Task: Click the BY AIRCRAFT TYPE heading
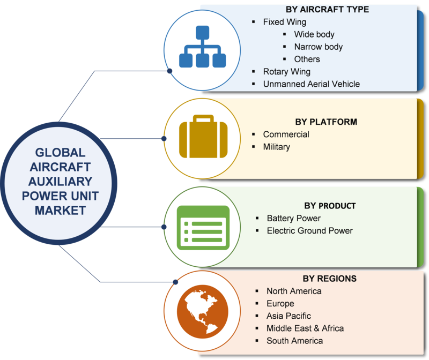[x=327, y=10]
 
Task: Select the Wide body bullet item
[x=314, y=34]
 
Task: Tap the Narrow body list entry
[x=319, y=47]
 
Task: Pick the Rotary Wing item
[x=287, y=72]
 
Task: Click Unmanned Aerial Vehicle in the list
[x=312, y=84]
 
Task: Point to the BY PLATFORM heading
[x=326, y=122]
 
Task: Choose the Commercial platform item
[x=286, y=134]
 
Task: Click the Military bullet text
[x=277, y=147]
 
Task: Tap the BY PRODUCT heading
[x=330, y=206]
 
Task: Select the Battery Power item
[x=293, y=218]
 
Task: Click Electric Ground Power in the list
[x=310, y=231]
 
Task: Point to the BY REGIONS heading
[x=330, y=279]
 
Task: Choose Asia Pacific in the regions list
[x=289, y=316]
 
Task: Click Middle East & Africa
[x=305, y=328]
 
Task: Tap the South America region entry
[x=294, y=341]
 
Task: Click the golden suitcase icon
[x=203, y=137]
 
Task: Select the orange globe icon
[x=203, y=312]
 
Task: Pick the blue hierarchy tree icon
[x=203, y=47]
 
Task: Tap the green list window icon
[x=203, y=228]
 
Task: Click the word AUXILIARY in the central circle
[x=60, y=182]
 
